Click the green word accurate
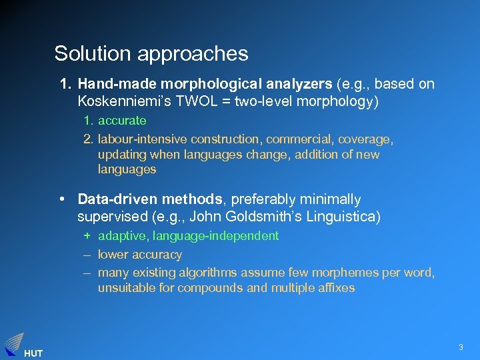tap(122, 121)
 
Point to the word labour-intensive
tap(143, 139)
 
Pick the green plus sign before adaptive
tap(87, 236)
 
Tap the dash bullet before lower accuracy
tap(87, 255)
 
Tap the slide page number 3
tap(460, 347)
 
